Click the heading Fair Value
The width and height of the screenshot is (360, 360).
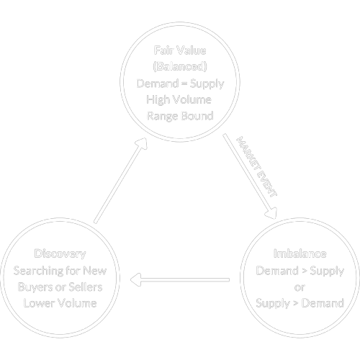[180, 52]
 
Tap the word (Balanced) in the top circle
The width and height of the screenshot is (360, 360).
[180, 68]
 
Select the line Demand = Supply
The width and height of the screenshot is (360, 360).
[180, 84]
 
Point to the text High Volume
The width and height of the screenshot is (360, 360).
[180, 99]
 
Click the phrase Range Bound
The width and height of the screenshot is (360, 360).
[180, 115]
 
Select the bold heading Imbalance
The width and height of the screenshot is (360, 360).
[300, 254]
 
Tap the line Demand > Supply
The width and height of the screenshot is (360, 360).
[300, 271]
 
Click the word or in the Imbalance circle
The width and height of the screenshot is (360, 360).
[300, 287]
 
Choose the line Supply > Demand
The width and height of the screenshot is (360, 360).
[300, 302]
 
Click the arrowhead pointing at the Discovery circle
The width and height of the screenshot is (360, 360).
[136, 279]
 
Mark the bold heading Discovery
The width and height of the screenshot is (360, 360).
[60, 253]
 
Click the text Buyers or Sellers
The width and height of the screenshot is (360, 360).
[60, 287]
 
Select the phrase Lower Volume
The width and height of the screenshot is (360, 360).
[60, 302]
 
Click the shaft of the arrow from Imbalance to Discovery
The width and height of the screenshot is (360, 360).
[187, 279]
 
